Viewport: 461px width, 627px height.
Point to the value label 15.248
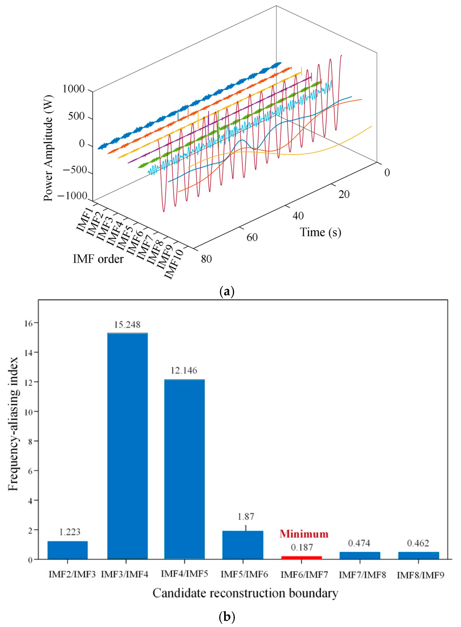coord(127,325)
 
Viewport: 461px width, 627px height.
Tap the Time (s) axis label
coord(320,232)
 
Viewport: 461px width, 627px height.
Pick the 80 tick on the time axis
coord(206,259)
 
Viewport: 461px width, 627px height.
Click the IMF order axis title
coord(98,259)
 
